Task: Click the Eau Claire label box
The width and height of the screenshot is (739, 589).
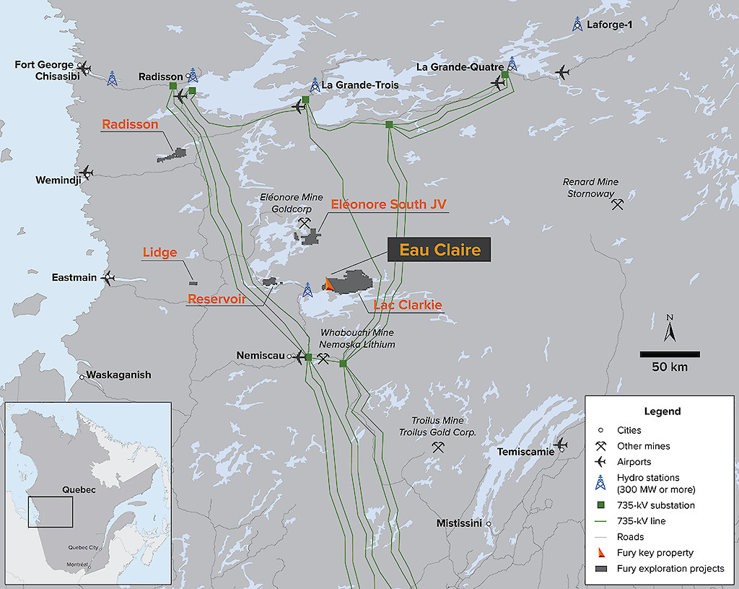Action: (x=440, y=250)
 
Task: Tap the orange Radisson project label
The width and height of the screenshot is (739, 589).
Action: (x=130, y=125)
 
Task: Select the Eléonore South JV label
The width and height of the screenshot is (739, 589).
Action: (x=389, y=204)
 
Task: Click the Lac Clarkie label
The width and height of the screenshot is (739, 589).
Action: (x=408, y=305)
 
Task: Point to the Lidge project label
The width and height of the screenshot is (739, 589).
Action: (x=159, y=253)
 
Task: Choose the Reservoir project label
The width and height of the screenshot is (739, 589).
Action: (x=217, y=299)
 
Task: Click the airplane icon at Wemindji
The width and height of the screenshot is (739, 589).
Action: (x=87, y=172)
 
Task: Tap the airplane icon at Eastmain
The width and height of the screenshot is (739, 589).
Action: (x=109, y=278)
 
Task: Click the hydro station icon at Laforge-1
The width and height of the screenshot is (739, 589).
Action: (x=577, y=24)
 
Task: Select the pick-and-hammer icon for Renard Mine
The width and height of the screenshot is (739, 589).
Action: (x=617, y=204)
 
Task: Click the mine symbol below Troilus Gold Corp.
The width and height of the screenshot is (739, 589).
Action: (x=437, y=448)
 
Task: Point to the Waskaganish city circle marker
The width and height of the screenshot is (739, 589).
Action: (x=82, y=376)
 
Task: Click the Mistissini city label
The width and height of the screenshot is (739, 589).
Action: (x=458, y=523)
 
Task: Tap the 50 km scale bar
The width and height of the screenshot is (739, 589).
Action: (x=669, y=354)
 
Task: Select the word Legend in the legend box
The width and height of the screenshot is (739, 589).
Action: (x=662, y=411)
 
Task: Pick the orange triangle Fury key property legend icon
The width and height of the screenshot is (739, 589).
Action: (x=600, y=553)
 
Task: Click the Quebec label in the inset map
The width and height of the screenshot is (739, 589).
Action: (x=79, y=489)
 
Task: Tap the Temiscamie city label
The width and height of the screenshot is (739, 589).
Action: (x=525, y=452)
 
